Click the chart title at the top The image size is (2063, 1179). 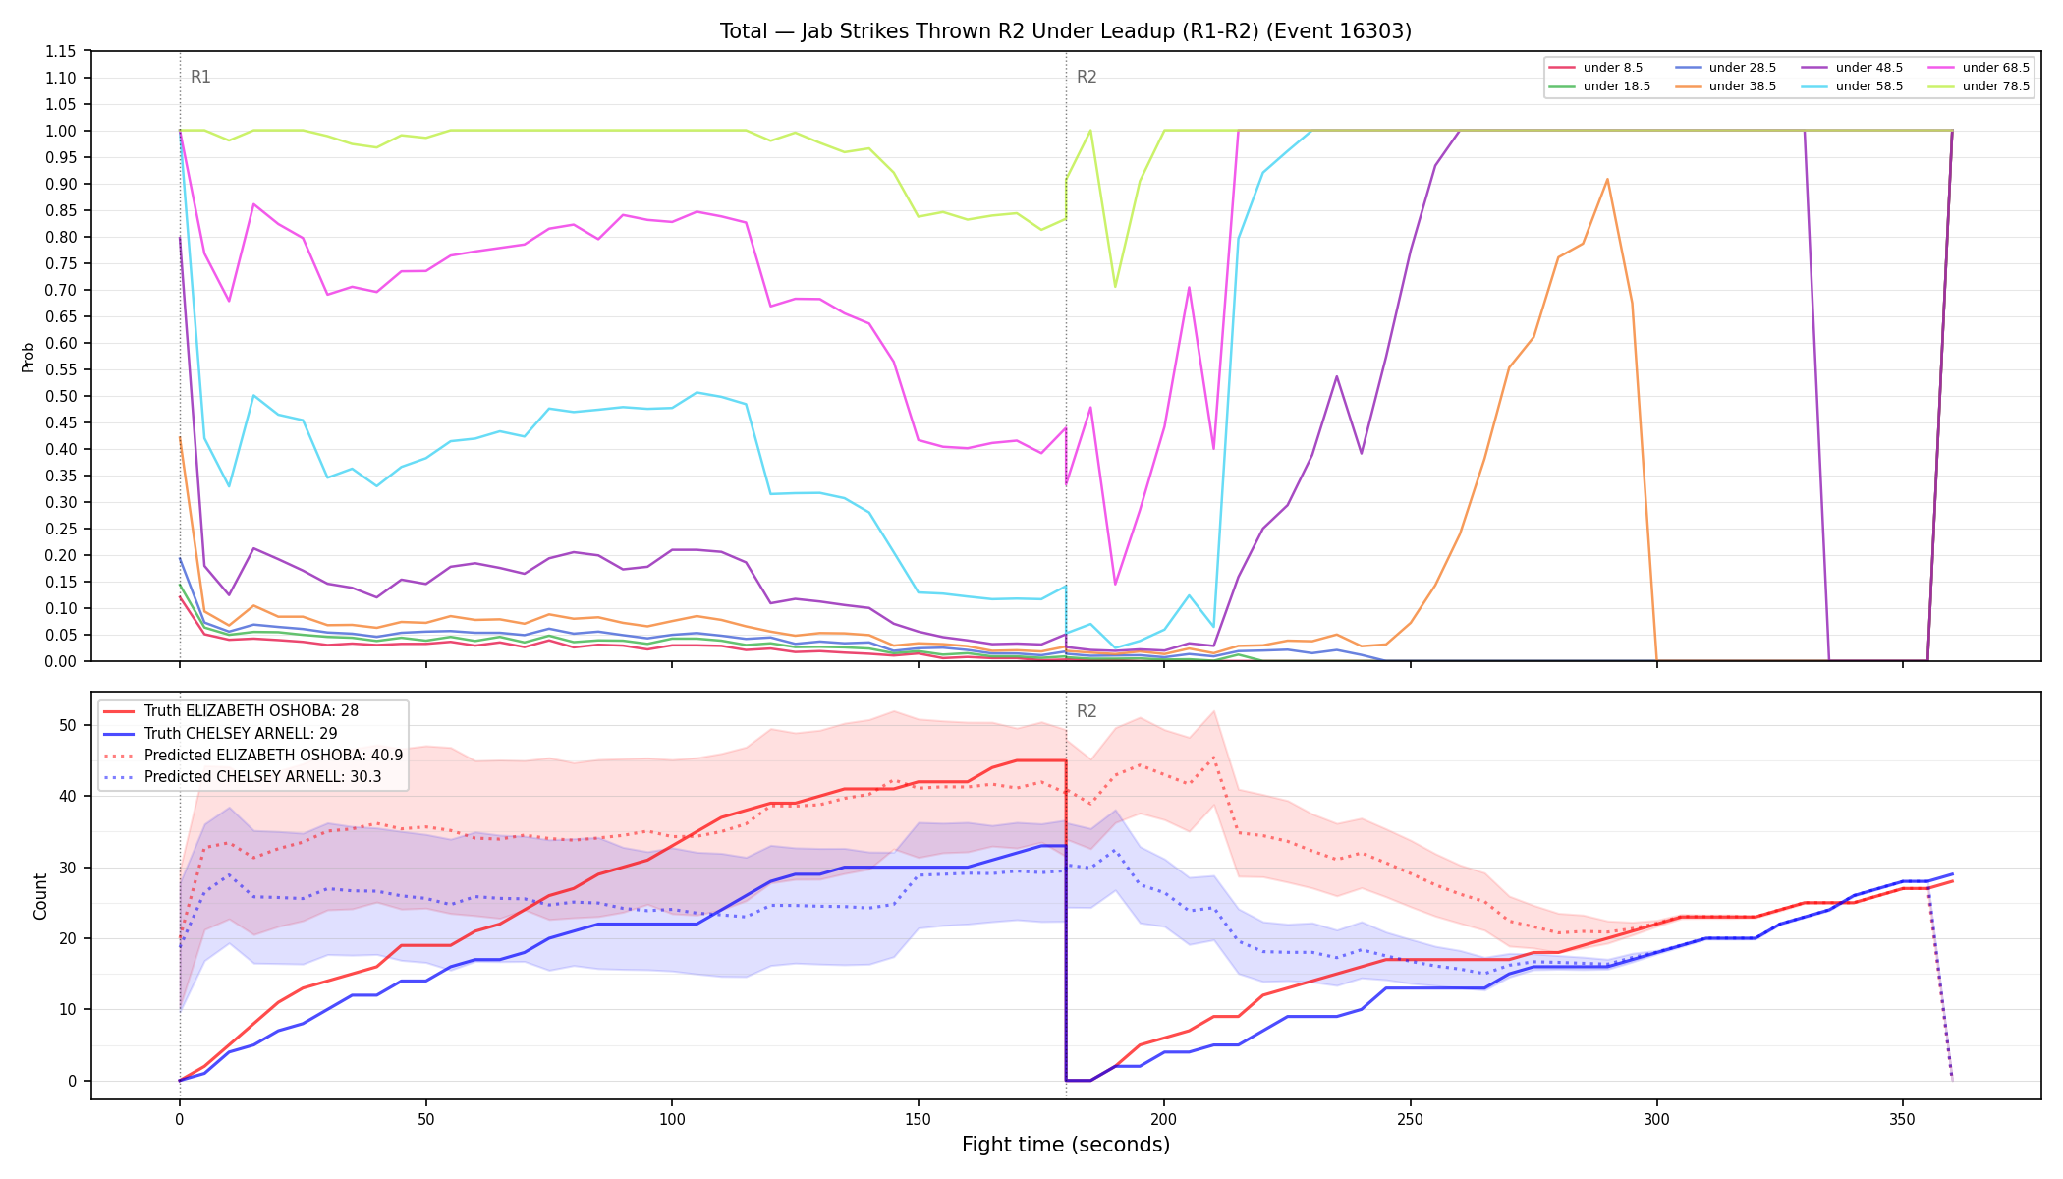pos(1066,31)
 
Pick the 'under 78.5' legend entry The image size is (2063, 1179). pos(1976,86)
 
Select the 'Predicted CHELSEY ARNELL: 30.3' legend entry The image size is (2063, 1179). pos(252,776)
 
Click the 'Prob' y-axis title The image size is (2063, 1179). pos(28,357)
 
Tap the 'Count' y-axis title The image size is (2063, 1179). pos(40,896)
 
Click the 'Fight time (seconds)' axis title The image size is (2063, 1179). pos(1066,1145)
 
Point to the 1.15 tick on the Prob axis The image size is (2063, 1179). pos(61,51)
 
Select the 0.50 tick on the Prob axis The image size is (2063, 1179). pos(61,396)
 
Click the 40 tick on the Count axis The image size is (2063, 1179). pos(68,797)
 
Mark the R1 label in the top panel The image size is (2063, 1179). pos(200,77)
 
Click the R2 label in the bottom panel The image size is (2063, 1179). pos(1087,711)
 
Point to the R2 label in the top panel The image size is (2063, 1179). pos(1087,77)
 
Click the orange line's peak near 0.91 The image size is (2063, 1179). pos(1607,179)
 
